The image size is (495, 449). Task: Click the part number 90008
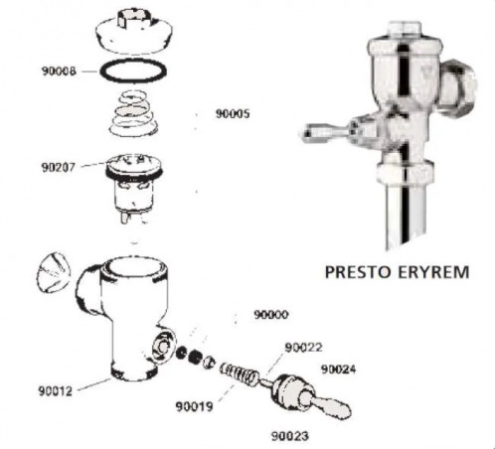[59, 71]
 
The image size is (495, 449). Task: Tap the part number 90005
[233, 113]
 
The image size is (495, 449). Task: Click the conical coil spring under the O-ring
[133, 113]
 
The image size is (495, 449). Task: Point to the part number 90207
[59, 167]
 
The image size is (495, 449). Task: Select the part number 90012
[56, 390]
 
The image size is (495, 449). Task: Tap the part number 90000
[271, 314]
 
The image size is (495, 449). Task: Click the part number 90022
[303, 348]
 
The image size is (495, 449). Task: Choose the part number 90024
[338, 370]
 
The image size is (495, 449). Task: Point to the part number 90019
[194, 406]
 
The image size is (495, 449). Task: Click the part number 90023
[290, 436]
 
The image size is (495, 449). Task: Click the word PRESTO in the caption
[358, 272]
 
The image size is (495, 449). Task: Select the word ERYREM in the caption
[433, 272]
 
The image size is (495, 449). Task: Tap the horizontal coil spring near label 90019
[240, 374]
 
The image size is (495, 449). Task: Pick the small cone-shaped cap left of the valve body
[54, 272]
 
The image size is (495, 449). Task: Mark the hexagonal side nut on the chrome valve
[459, 86]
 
